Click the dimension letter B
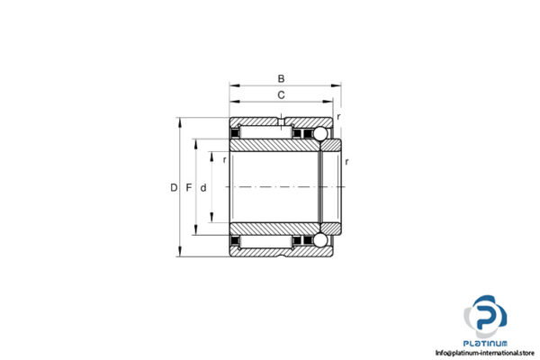coord(281,78)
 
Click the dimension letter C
coord(281,94)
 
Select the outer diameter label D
coord(174,188)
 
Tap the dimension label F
coord(189,188)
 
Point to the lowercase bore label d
coord(204,188)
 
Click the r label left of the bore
coord(223,160)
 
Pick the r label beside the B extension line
coord(339,117)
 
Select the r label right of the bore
coord(346,162)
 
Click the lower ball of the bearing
coord(319,241)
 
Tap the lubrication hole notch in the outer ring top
coord(283,121)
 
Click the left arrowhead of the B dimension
coord(233,86)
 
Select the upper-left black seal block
coord(238,135)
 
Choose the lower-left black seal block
coord(238,240)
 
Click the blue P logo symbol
coord(486,316)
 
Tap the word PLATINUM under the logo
coord(486,343)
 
